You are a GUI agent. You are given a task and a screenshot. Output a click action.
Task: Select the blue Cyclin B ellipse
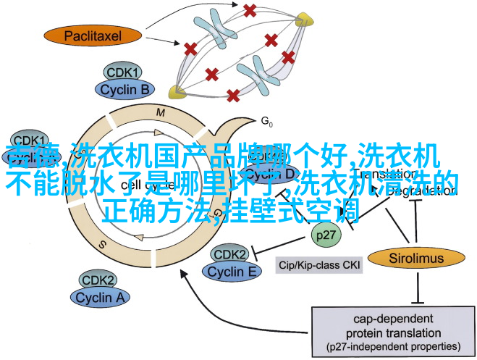point(124,90)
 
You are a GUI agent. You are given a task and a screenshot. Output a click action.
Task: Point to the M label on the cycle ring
point(160,112)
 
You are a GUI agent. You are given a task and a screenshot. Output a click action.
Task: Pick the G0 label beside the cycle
point(266,120)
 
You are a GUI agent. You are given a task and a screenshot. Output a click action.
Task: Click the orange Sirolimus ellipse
point(415,257)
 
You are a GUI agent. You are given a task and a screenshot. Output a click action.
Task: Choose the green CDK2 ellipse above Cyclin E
point(230,254)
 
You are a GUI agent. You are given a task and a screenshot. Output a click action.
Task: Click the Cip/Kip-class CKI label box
point(321,266)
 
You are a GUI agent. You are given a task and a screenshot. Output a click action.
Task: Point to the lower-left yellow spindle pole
point(174,91)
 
